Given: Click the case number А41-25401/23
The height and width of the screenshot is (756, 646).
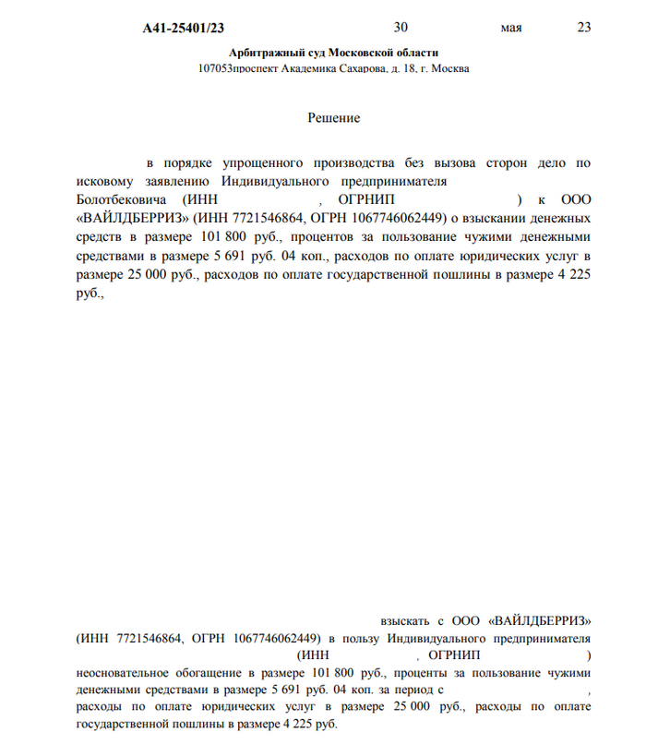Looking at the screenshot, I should click(184, 28).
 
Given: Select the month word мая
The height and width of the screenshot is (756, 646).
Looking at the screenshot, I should click(511, 28).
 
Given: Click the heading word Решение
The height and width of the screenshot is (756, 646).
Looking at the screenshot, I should click(333, 118).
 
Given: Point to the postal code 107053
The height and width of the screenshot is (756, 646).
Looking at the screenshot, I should click(214, 69).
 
